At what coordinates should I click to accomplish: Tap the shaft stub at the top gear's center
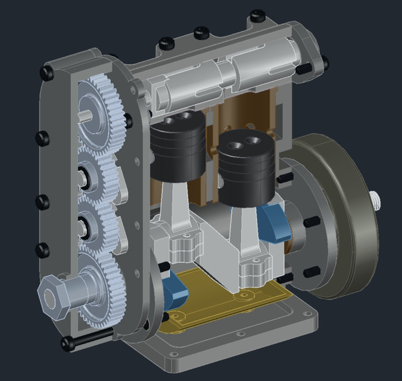[x=86, y=117]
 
